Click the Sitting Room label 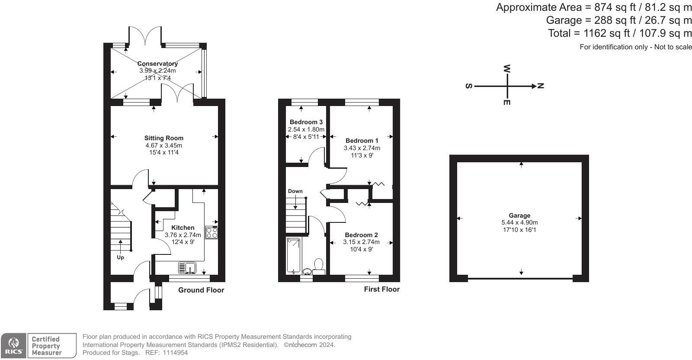coord(164,138)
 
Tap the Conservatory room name coord(157,64)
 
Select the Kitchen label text coord(183,228)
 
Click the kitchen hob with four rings coord(211,233)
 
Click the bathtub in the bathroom coord(293,255)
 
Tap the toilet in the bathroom coord(318,267)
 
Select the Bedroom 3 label coord(306,122)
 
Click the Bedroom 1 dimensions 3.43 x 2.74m coord(362,148)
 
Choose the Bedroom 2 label coord(362,235)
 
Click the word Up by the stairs coord(120,257)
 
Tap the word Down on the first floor coord(295,191)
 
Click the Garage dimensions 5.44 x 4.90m coord(519,222)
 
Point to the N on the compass coord(541,86)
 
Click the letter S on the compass coord(469,86)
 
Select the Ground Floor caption coord(201,290)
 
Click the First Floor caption coord(382,289)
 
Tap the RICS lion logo coord(13,343)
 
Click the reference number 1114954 coord(176,353)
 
